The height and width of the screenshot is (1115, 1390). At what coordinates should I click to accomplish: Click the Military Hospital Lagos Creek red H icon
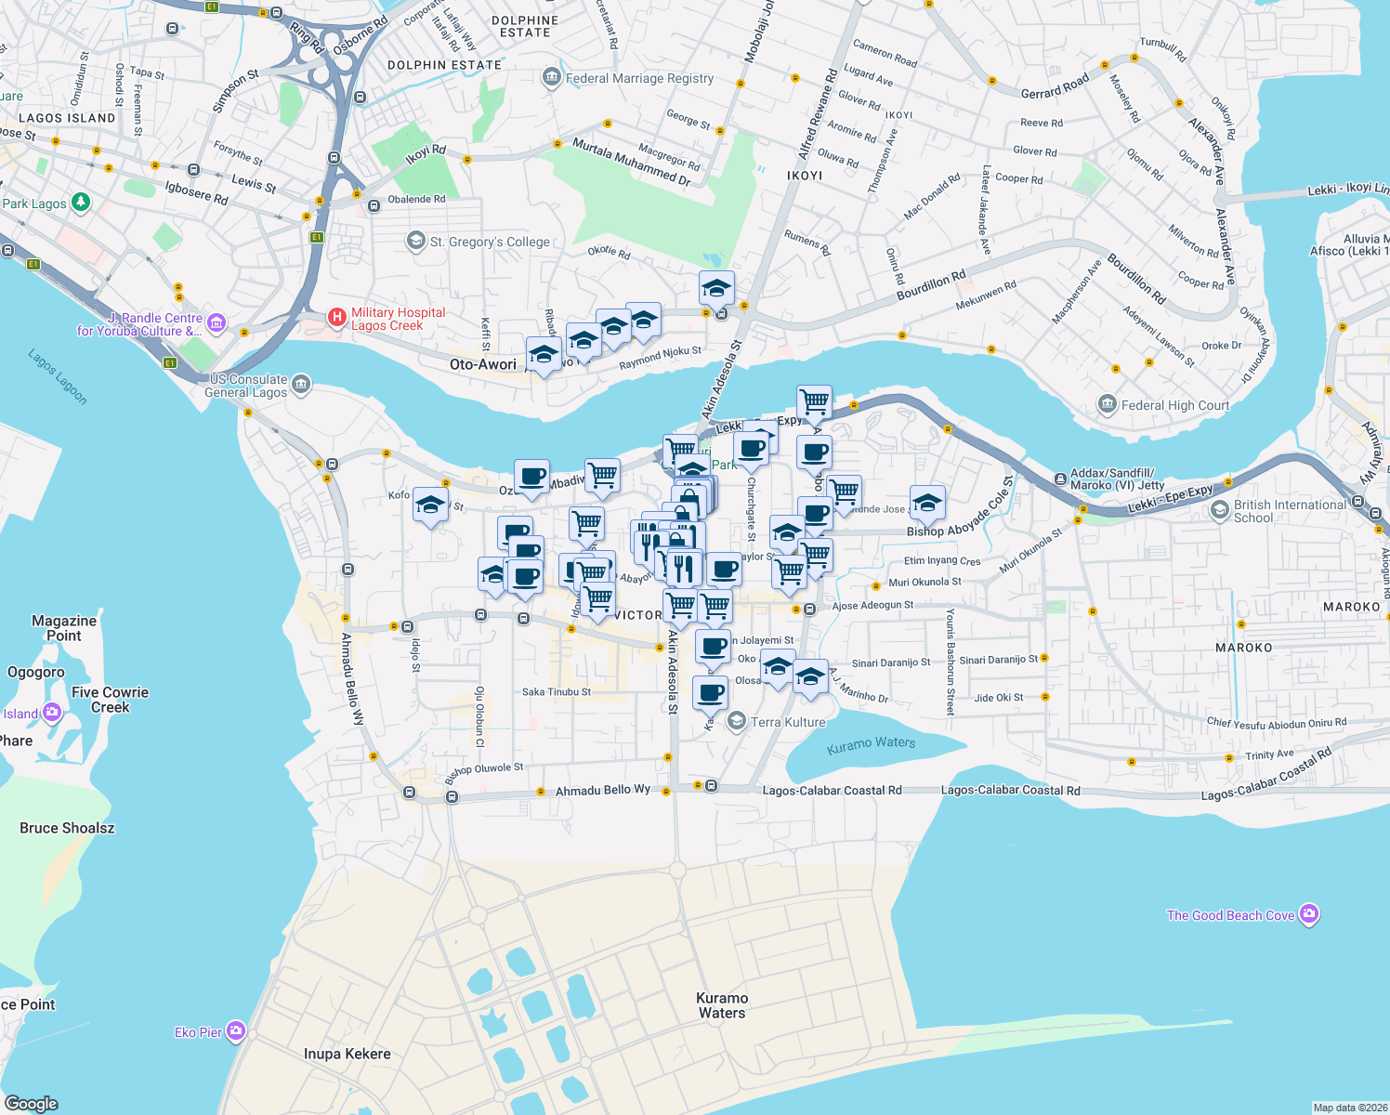[337, 319]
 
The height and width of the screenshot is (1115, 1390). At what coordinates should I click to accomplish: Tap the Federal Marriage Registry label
[639, 79]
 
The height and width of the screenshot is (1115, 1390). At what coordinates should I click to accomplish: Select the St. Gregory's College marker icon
[416, 242]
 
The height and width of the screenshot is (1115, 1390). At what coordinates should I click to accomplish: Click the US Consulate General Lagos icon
[301, 384]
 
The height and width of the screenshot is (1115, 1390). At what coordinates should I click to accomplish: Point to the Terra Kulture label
[788, 722]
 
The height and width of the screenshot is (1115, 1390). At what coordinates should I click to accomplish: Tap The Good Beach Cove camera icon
[1309, 915]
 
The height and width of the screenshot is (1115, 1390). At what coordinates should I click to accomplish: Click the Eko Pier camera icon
[236, 1031]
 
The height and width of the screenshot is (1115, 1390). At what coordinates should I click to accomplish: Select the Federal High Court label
[1174, 405]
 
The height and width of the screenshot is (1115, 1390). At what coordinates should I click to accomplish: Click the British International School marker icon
[1220, 510]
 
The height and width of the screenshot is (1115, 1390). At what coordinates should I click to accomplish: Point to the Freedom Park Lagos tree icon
[81, 202]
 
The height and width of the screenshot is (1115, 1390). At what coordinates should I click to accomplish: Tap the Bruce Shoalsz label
[67, 828]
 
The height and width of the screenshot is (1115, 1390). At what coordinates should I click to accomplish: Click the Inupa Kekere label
[347, 1054]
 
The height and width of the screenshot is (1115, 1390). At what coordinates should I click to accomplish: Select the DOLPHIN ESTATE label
[444, 65]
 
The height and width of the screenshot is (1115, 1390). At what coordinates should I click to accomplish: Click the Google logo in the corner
[32, 1103]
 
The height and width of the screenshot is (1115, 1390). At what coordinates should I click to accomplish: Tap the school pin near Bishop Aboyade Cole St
[927, 504]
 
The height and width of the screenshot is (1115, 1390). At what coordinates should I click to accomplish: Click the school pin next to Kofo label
[430, 505]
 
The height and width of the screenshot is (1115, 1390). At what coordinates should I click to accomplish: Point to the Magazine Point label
[64, 628]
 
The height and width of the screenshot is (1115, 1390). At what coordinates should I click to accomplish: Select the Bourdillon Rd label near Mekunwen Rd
[930, 285]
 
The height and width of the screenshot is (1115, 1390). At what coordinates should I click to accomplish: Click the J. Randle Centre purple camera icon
[216, 323]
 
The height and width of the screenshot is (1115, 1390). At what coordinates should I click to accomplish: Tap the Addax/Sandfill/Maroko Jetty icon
[1060, 479]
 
